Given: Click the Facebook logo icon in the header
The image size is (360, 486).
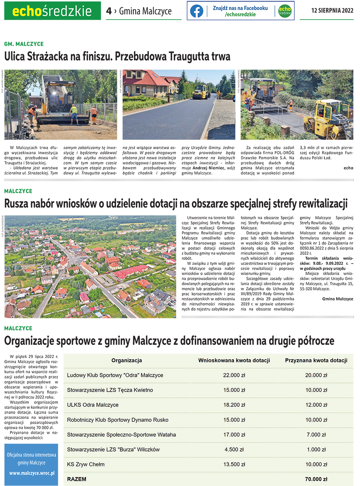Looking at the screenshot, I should point(196,11).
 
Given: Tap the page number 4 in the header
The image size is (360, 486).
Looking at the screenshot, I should point(109,11).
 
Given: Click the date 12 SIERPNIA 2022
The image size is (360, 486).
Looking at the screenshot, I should point(332,11).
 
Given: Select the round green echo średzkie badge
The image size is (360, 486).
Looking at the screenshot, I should point(284,11).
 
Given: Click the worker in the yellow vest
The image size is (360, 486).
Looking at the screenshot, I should point(74,114).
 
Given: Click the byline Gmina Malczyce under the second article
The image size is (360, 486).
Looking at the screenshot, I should point(337,299).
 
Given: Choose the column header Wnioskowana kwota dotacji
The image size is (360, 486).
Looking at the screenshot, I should point(234,360).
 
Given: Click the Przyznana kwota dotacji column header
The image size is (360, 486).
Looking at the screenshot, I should point(316,360).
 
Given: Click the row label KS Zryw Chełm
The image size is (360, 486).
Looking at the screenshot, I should point(86,464).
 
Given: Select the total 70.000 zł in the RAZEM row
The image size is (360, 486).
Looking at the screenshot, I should point(316,479).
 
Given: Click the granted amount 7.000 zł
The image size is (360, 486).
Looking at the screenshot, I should point(316,435).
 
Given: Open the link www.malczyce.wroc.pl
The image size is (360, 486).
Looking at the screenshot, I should point(32,473).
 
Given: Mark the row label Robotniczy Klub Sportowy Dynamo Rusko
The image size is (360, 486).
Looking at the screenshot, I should point(118,420).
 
